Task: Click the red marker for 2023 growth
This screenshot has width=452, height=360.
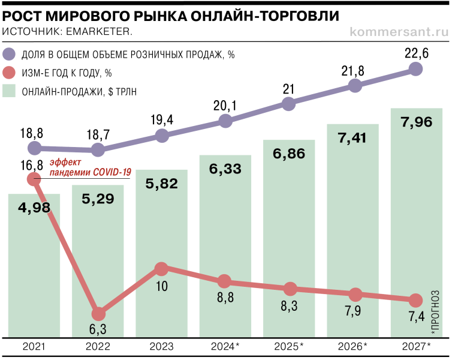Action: [x=161, y=269]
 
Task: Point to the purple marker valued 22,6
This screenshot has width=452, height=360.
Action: [x=416, y=70]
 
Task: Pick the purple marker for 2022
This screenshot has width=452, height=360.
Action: [x=98, y=149]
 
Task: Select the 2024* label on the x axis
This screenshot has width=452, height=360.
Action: [x=225, y=347]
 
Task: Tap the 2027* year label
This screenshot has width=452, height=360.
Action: [x=416, y=347]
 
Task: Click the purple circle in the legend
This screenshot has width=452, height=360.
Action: [x=10, y=55]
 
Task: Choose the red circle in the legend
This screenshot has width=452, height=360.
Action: [x=10, y=73]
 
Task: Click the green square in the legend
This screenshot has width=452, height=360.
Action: [x=10, y=91]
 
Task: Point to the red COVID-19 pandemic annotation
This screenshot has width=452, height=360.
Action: [x=90, y=167]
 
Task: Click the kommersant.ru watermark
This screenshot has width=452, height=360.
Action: [x=397, y=30]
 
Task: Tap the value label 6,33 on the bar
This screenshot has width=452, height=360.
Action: [x=225, y=169]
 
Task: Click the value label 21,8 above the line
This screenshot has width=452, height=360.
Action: [x=352, y=71]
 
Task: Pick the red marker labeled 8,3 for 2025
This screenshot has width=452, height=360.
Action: [x=290, y=289]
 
